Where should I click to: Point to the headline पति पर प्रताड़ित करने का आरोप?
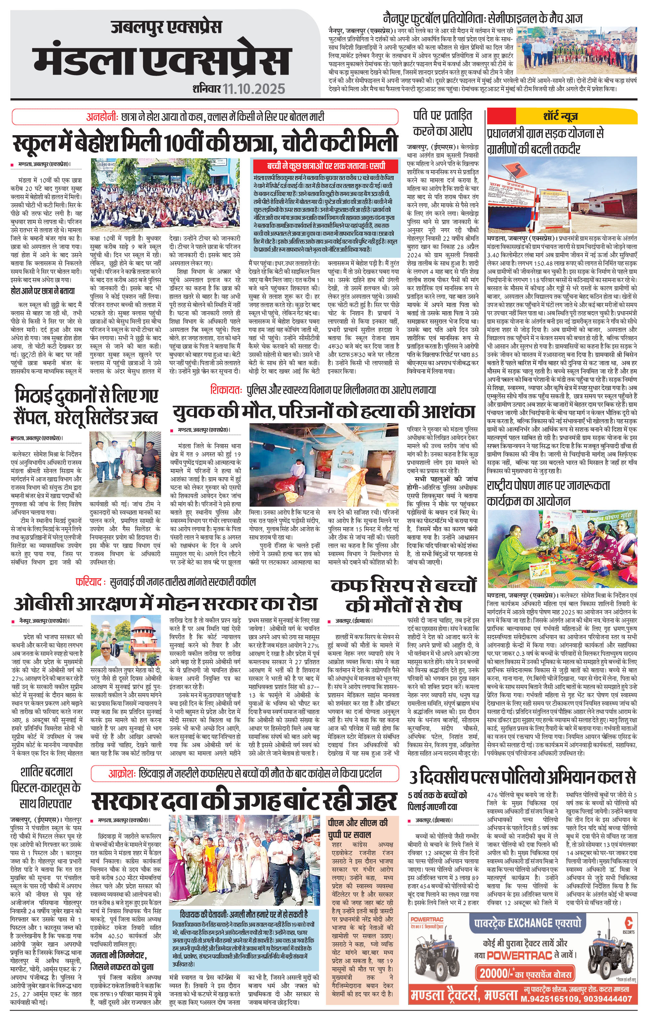click(x=442, y=123)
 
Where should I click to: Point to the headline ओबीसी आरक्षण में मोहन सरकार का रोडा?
click(x=166, y=603)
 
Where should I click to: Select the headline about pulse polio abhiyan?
click(x=523, y=777)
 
